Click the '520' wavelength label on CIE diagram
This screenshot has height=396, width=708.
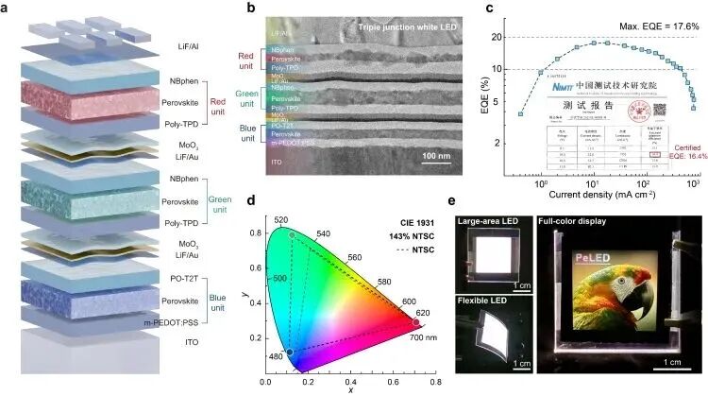pyautogui.click(x=279, y=219)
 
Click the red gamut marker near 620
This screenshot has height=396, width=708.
pyautogui.click(x=416, y=323)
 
